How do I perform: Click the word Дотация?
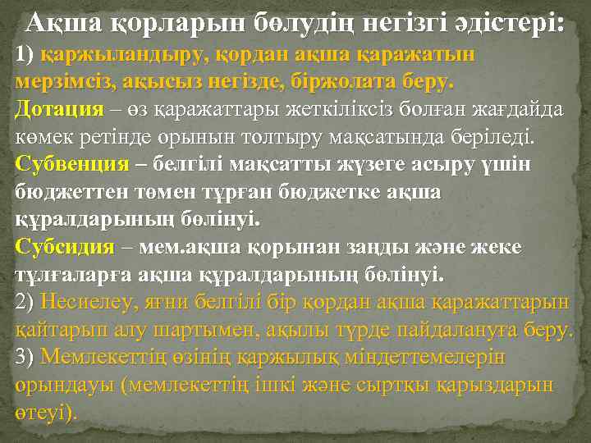(60, 110)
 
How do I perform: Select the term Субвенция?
(72, 163)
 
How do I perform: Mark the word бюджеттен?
(66, 192)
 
